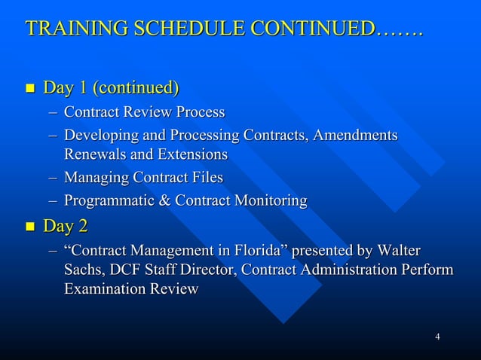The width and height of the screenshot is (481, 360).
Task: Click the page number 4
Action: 437,335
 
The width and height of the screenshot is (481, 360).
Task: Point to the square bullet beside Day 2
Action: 29,226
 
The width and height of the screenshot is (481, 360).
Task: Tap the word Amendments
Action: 355,136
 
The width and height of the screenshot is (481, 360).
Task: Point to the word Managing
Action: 96,178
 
